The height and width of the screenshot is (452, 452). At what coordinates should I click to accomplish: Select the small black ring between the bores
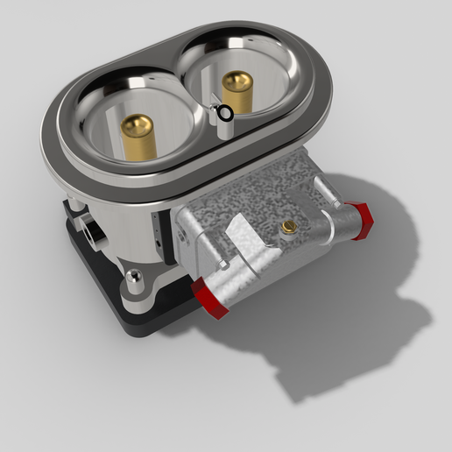[x=225, y=112]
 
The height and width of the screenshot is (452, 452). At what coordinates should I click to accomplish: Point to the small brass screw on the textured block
[x=287, y=227]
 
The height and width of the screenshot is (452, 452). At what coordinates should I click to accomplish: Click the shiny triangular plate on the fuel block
[x=244, y=237]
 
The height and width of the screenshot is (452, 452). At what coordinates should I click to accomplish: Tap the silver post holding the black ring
[x=222, y=127]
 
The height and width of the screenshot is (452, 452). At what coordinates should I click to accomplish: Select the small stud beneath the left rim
[x=75, y=204]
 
